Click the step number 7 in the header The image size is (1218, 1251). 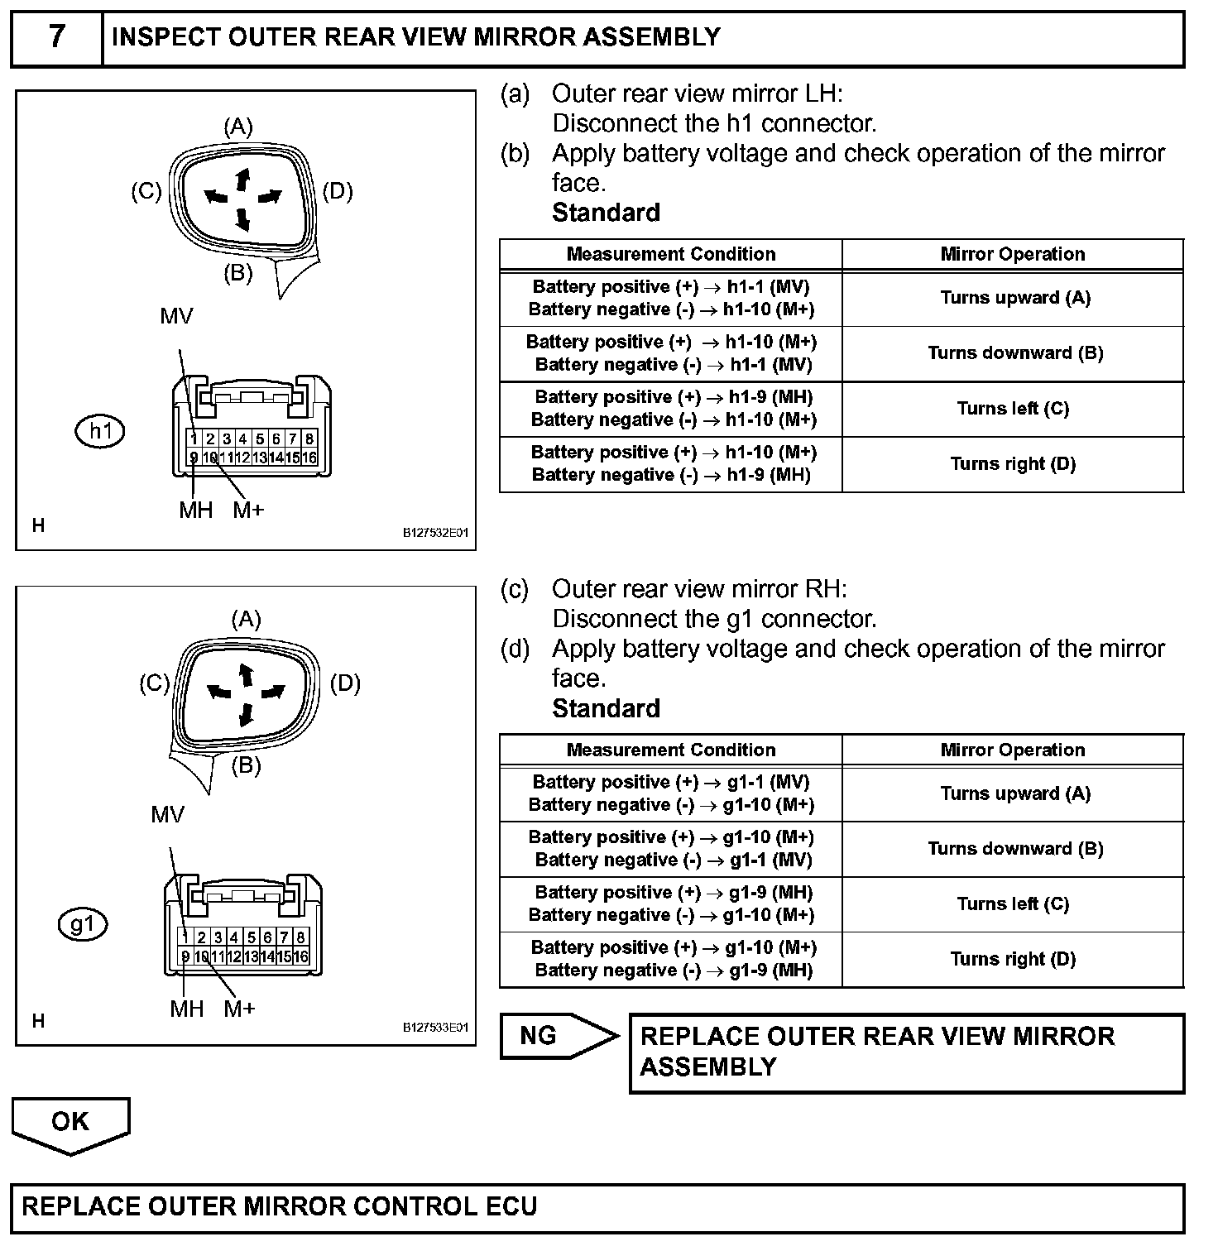click(56, 37)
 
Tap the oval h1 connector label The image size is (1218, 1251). click(100, 431)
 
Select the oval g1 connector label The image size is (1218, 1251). click(83, 924)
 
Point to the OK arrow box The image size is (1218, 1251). click(70, 1123)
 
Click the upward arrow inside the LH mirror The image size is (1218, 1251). click(242, 178)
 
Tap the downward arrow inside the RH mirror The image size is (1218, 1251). click(246, 713)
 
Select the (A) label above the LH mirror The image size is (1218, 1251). click(238, 127)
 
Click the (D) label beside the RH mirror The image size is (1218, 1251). click(345, 684)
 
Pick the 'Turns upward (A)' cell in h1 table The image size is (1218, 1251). click(1014, 298)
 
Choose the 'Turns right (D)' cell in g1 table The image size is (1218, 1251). click(1013, 959)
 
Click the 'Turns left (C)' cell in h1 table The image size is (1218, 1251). click(1013, 409)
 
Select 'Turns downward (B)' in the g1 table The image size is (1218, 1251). click(1014, 849)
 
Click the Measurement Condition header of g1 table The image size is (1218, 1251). click(671, 750)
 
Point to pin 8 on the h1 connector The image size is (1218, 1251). click(309, 439)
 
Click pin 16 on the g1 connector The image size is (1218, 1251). click(300, 956)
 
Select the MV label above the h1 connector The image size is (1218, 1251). click(176, 316)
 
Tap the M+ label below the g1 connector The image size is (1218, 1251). click(239, 1009)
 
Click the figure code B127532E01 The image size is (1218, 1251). click(435, 533)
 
